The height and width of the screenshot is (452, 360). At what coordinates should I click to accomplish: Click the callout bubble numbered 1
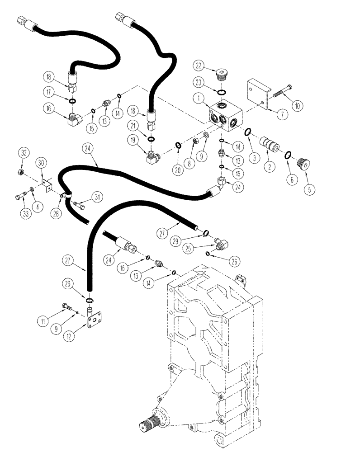(x=197, y=97)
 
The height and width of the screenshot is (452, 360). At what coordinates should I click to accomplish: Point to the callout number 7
(x=282, y=114)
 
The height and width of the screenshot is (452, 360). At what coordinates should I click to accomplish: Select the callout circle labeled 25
(x=189, y=249)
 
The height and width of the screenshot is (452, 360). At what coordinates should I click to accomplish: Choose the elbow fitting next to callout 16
(x=74, y=119)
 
